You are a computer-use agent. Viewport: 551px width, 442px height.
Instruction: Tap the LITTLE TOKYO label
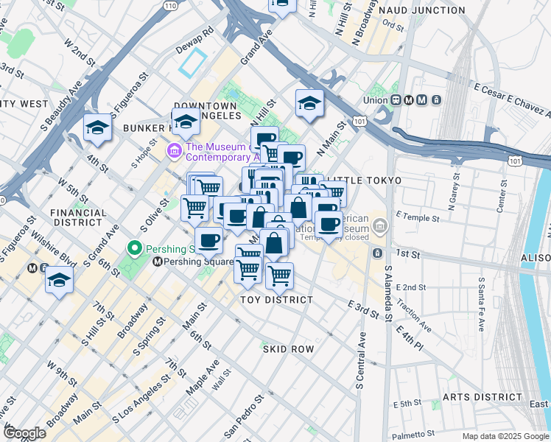point(363,180)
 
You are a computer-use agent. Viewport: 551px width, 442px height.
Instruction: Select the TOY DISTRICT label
point(277,300)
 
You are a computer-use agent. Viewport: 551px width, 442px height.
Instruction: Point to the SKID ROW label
point(288,348)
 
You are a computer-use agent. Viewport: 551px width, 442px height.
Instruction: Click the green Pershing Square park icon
point(135,248)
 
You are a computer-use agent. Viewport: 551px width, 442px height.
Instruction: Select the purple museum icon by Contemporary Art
point(175,151)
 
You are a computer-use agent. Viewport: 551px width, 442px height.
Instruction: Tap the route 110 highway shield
point(170,5)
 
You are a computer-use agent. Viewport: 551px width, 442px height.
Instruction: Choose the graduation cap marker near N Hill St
point(309,104)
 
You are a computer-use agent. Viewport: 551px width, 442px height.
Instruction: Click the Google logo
point(24,433)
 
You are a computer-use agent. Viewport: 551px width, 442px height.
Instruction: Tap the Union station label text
point(376,100)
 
